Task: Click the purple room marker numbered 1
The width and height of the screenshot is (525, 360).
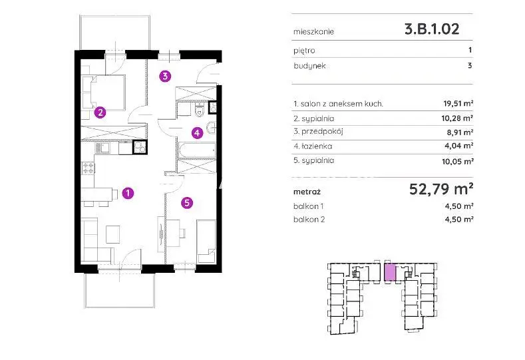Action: pyautogui.click(x=128, y=193)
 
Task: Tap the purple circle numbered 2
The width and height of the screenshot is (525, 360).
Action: pyautogui.click(x=100, y=112)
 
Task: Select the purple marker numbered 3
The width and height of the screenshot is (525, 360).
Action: pyautogui.click(x=165, y=77)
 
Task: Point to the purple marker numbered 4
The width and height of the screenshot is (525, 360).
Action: pyautogui.click(x=197, y=133)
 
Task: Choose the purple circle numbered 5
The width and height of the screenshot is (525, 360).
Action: pyautogui.click(x=187, y=202)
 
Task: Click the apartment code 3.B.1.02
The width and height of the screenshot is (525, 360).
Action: pyautogui.click(x=432, y=29)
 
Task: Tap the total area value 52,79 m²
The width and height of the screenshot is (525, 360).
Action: pyautogui.click(x=441, y=189)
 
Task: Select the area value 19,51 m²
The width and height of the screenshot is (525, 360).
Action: pyautogui.click(x=458, y=104)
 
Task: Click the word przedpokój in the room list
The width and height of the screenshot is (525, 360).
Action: pyautogui.click(x=322, y=132)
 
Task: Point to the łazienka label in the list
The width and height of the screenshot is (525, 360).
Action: pyautogui.click(x=317, y=146)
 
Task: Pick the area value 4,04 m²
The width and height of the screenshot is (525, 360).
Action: pyautogui.click(x=459, y=146)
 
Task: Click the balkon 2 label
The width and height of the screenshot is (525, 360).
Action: pyautogui.click(x=309, y=220)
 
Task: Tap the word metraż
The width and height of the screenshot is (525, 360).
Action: pyautogui.click(x=307, y=192)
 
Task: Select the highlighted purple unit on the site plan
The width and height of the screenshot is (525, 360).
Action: pyautogui.click(x=390, y=272)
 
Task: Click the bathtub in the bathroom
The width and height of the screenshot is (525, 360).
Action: pyautogui.click(x=197, y=150)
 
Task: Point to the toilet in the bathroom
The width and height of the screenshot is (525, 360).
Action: pyautogui.click(x=200, y=110)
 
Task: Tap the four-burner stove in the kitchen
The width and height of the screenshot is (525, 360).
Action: pyautogui.click(x=88, y=168)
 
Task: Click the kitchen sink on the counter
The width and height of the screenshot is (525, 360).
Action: pyautogui.click(x=102, y=148)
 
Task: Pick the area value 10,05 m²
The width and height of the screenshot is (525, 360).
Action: pyautogui.click(x=457, y=162)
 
